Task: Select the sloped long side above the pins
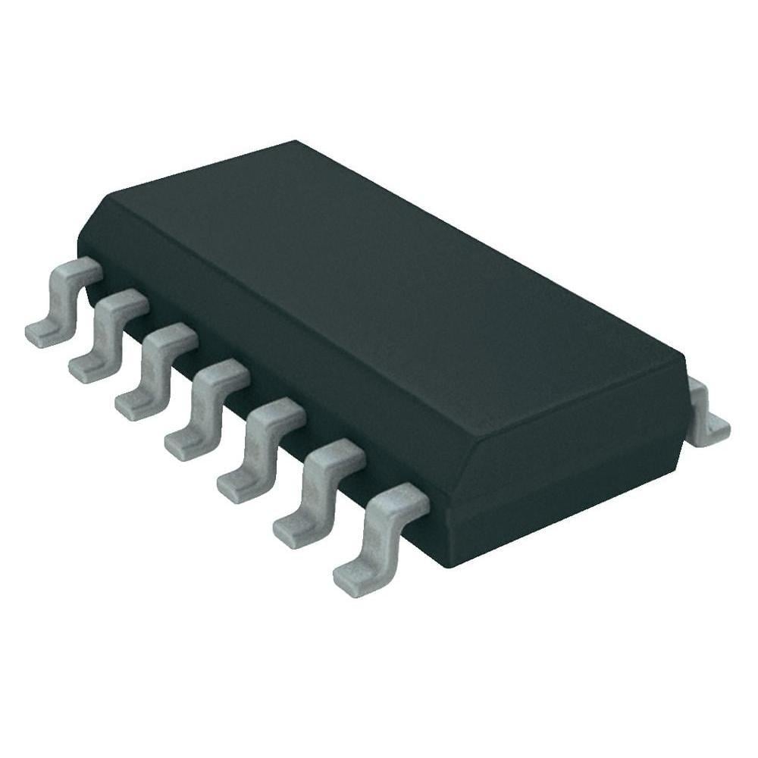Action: pyautogui.click(x=265, y=334)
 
